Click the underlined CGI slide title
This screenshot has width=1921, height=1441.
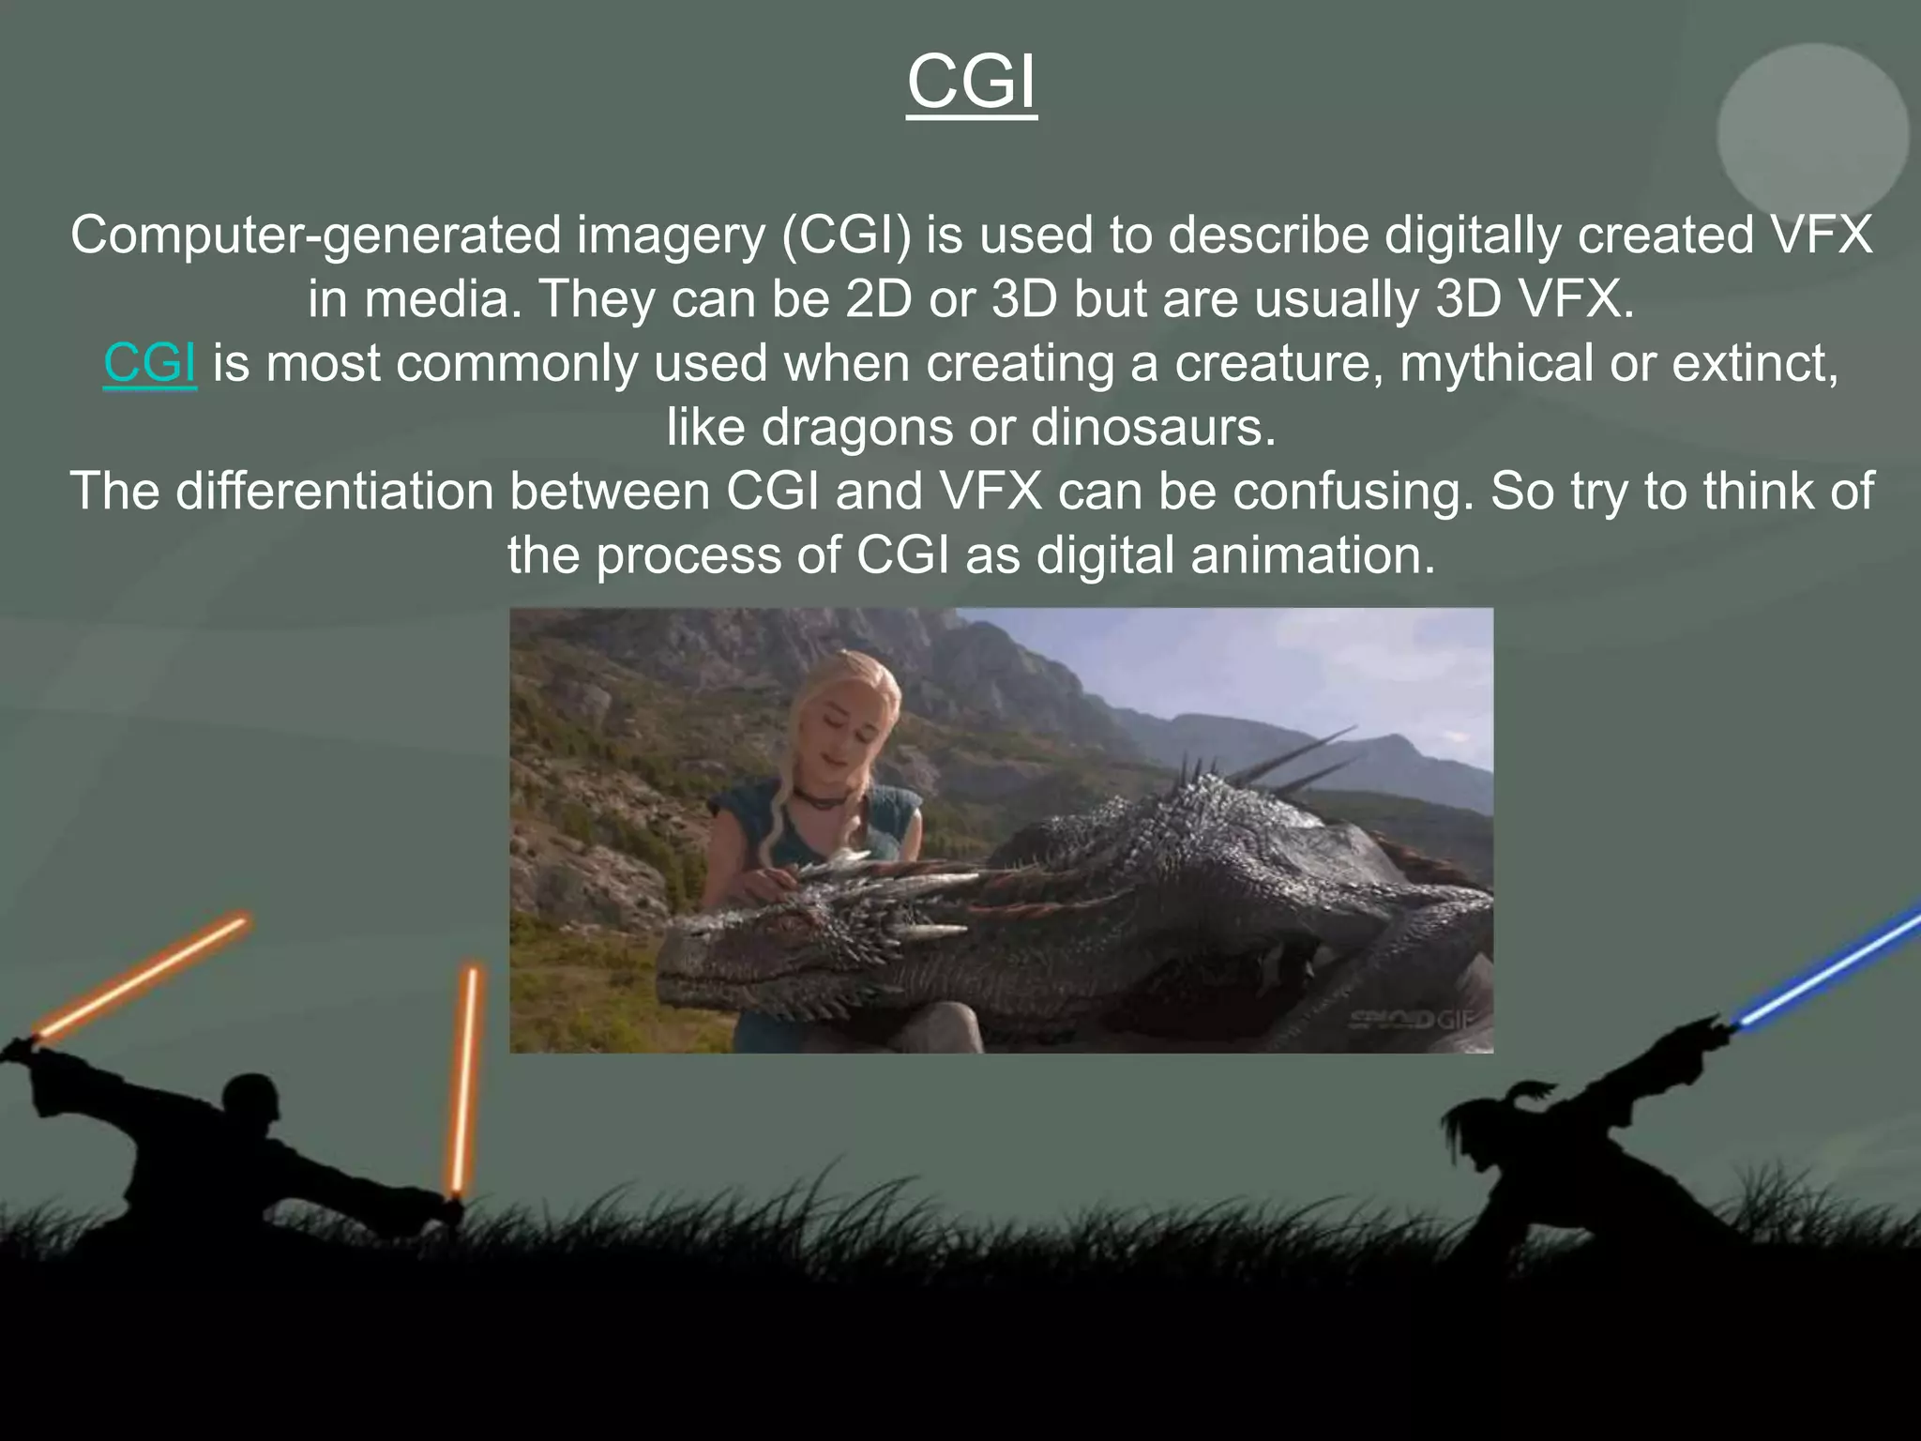tap(972, 83)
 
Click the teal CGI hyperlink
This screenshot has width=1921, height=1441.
tap(150, 363)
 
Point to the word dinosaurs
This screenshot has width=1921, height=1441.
tap(1154, 428)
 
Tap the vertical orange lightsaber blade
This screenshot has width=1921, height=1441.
tap(465, 1079)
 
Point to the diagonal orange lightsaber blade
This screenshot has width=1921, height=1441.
tap(141, 977)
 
